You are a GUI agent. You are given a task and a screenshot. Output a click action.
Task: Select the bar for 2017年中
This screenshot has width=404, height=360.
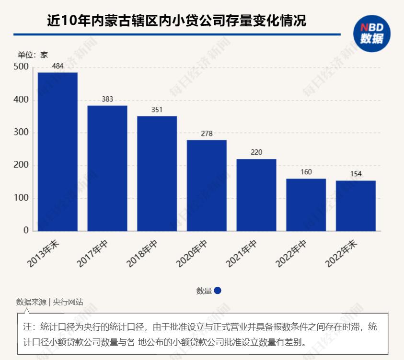coord(107,168)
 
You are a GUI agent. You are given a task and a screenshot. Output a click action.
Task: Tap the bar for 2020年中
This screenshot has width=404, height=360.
coord(207,185)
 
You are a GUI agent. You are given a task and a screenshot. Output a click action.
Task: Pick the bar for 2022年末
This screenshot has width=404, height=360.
coord(356,206)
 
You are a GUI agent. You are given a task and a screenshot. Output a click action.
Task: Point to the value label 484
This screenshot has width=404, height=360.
coord(58,66)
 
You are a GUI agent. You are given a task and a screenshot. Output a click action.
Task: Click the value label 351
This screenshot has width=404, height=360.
coord(157,110)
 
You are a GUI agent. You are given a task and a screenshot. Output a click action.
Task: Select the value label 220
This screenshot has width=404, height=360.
coord(256,153)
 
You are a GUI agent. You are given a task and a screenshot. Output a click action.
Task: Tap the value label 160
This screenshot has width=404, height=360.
coord(306,172)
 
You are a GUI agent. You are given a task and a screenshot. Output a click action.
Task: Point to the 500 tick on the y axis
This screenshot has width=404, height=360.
coord(21,67)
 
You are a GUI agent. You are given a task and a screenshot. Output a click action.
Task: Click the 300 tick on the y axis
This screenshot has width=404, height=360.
coord(21,133)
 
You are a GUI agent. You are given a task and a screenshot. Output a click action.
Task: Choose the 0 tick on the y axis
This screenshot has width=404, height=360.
coord(26,231)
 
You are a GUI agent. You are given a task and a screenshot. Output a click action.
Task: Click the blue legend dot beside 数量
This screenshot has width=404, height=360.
coord(218,291)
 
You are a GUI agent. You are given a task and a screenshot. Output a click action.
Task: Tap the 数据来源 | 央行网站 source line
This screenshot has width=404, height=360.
coord(49,302)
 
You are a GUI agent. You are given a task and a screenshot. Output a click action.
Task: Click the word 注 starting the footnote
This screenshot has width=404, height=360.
coord(27,327)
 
